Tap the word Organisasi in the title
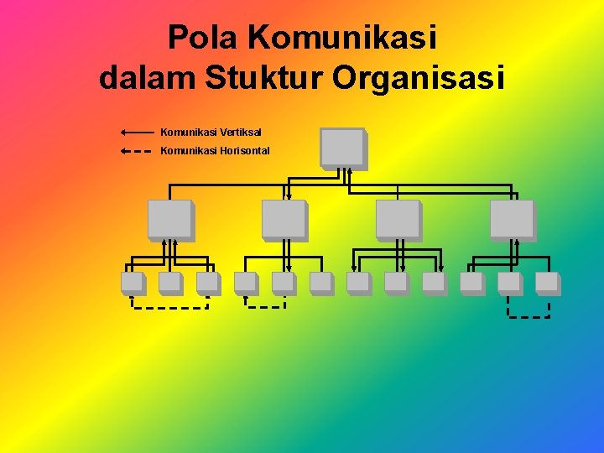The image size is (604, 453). click(419, 78)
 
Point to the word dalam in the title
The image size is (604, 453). click(147, 78)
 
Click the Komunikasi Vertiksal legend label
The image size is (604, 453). click(211, 132)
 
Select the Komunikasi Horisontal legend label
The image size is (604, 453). click(215, 151)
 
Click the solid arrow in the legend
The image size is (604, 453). click(137, 132)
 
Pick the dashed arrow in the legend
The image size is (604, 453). click(137, 152)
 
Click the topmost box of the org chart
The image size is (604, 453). click(342, 147)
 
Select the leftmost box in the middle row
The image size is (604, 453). click(169, 219)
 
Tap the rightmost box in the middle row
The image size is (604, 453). click(512, 219)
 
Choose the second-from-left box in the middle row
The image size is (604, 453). click(284, 219)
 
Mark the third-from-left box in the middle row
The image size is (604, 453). click(398, 219)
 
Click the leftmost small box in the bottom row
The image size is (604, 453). click(132, 283)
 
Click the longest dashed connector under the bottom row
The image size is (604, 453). click(169, 308)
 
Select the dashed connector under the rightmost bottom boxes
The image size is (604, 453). click(528, 317)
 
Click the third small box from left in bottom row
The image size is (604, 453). click(207, 283)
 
